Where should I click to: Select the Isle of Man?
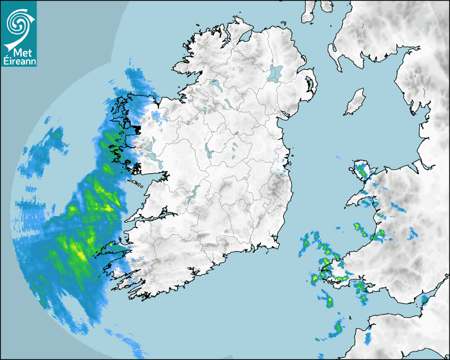click(355, 102)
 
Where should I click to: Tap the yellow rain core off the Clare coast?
click(109, 208)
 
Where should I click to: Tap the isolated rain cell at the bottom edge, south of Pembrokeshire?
click(336, 328)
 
